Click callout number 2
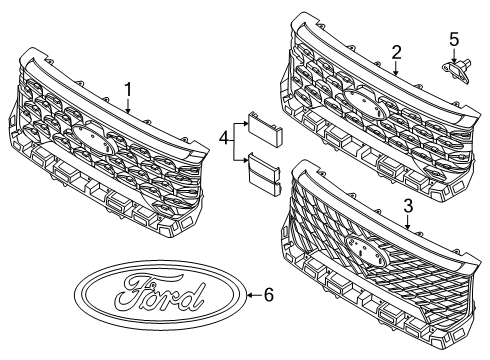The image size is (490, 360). point(396,51)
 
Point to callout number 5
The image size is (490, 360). point(454,39)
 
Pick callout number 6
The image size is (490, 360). point(267,294)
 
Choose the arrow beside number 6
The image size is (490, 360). point(251,294)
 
